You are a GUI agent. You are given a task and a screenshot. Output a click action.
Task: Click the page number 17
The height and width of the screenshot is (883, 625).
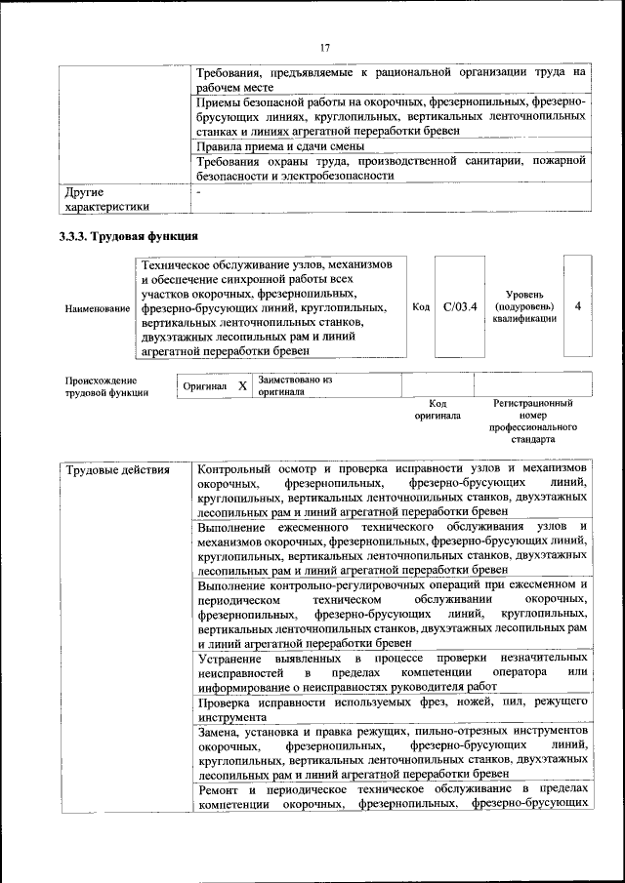click(324, 48)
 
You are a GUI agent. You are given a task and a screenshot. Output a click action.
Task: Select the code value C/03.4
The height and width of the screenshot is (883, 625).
click(459, 306)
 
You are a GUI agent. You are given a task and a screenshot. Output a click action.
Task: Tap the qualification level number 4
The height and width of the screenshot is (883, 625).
click(577, 306)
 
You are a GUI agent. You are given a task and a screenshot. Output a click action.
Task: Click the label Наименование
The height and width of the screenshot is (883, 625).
click(98, 308)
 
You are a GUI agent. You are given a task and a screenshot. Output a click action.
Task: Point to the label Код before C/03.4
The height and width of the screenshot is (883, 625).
click(421, 307)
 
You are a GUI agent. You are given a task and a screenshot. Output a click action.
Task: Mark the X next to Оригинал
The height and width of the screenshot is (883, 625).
click(242, 386)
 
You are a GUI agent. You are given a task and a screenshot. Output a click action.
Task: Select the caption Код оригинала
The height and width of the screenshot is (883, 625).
click(437, 409)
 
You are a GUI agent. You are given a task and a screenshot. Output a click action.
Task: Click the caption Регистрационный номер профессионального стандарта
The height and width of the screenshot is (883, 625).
click(532, 421)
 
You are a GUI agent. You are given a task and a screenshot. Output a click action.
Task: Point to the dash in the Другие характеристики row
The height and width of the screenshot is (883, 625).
click(198, 193)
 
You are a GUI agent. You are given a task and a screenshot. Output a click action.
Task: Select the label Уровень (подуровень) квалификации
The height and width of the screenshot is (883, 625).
click(524, 306)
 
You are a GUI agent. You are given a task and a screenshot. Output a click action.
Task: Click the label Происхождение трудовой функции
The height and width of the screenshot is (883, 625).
click(106, 386)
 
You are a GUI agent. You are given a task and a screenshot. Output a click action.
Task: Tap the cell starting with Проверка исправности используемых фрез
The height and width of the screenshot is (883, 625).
click(391, 708)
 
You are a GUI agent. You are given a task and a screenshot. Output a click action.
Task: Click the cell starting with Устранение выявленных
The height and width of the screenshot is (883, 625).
click(391, 672)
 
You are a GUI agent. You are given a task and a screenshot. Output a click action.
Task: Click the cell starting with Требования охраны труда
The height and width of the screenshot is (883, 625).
click(391, 168)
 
